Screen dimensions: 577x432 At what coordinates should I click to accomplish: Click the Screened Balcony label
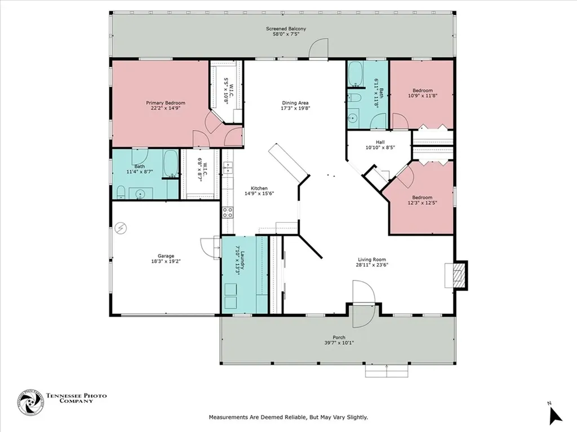pos(286,29)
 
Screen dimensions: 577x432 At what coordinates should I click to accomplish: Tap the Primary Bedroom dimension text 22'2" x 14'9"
pos(166,109)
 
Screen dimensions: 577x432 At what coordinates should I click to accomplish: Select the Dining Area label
pos(295,103)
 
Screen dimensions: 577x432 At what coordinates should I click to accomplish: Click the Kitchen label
pos(259,188)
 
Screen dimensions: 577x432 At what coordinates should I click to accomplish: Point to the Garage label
pos(166,256)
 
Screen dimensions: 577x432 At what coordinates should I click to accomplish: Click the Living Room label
pos(372,259)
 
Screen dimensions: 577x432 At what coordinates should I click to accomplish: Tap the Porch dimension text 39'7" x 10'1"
pos(339,343)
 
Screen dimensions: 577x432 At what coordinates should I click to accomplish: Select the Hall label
pos(380,142)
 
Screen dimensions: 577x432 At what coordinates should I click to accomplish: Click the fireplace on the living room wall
pos(456,274)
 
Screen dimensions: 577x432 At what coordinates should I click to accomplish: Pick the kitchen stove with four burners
pos(228,213)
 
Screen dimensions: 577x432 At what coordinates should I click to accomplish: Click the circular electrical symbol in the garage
pos(121,228)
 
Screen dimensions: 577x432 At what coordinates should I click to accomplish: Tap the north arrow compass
pos(556,415)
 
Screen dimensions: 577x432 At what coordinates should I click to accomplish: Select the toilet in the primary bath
pos(121,192)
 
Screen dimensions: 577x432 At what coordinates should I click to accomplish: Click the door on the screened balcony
pos(318,48)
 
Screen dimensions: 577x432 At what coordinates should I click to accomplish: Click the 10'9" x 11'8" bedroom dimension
pos(423,96)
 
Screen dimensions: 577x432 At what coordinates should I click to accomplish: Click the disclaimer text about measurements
pos(288,417)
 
